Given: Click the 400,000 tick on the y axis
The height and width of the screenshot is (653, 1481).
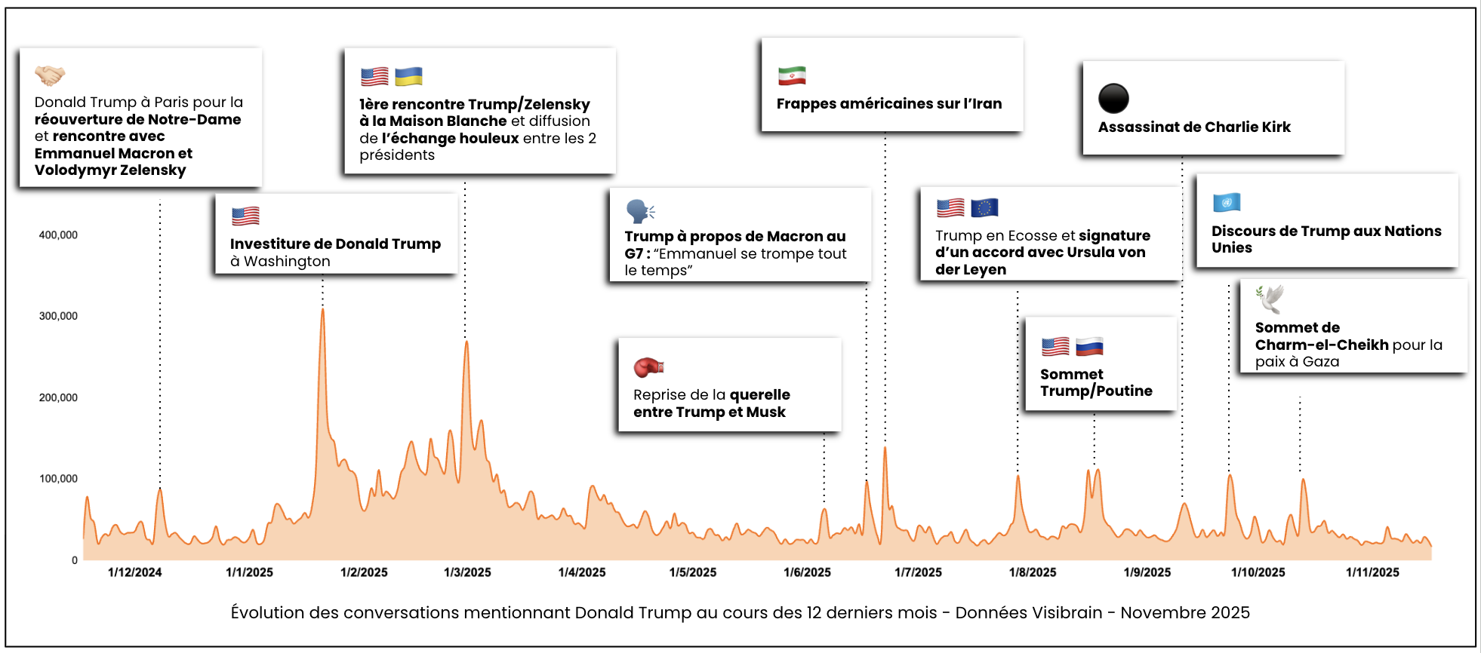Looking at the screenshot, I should click(x=58, y=235).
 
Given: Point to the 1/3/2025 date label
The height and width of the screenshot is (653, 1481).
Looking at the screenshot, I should click(x=467, y=572).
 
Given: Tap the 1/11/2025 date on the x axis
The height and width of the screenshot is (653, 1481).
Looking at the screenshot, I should click(x=1372, y=572).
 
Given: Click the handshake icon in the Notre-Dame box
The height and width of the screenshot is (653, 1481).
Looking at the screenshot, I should click(x=50, y=75).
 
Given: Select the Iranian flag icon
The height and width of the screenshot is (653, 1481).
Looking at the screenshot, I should click(x=792, y=75).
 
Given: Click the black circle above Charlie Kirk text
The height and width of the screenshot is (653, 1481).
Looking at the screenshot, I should click(x=1113, y=98).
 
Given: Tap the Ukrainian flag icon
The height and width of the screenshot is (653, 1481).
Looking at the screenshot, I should click(x=408, y=76).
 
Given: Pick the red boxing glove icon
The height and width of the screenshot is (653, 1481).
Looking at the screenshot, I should click(x=648, y=367).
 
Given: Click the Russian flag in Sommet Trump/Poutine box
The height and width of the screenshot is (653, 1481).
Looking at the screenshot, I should click(x=1089, y=347).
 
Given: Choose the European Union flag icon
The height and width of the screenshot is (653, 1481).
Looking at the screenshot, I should click(x=984, y=207).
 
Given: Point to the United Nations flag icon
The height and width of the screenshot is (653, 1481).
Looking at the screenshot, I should click(x=1227, y=202).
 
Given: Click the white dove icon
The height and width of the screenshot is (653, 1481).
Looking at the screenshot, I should click(x=1270, y=299).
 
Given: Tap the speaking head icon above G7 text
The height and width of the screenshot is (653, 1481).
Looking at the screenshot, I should click(x=640, y=211).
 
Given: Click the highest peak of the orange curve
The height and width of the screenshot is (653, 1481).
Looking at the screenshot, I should click(x=322, y=310).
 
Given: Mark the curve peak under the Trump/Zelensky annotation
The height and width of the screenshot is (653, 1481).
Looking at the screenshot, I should click(x=466, y=342).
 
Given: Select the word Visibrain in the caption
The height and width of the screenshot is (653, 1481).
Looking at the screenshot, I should click(x=1066, y=613).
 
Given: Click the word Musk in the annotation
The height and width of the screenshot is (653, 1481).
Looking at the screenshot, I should click(x=766, y=412).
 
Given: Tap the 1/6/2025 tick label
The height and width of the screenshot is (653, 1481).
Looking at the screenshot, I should click(x=807, y=572).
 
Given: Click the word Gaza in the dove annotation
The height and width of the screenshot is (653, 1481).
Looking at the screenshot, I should click(x=1320, y=362).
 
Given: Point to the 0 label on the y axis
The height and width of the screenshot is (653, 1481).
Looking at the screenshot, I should click(x=75, y=560).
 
